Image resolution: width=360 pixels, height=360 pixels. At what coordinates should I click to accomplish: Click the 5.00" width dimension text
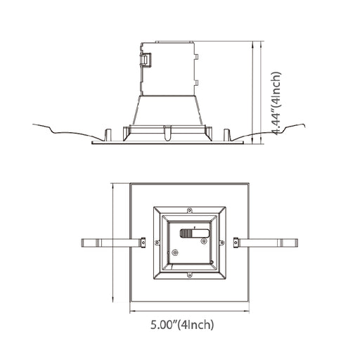(x=183, y=325)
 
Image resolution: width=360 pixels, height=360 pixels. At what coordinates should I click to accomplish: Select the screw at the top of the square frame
(x=188, y=209)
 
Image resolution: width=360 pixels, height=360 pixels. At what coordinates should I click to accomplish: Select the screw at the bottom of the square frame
(x=188, y=278)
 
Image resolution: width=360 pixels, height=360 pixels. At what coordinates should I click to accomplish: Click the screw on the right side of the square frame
(x=223, y=243)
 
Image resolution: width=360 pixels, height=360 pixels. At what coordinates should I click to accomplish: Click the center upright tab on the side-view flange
(x=167, y=132)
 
